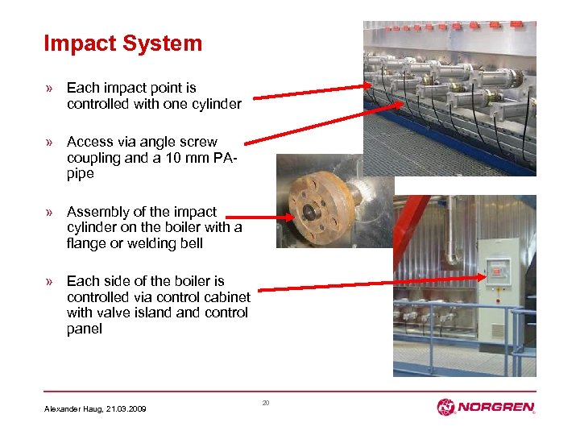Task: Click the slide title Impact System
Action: tap(122, 43)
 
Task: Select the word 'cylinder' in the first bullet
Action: tap(215, 104)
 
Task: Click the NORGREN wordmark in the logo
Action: tap(495, 408)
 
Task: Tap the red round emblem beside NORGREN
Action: tap(446, 408)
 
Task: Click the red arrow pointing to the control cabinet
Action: tap(371, 283)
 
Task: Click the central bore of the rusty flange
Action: tap(309, 213)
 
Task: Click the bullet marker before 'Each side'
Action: tap(50, 281)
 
